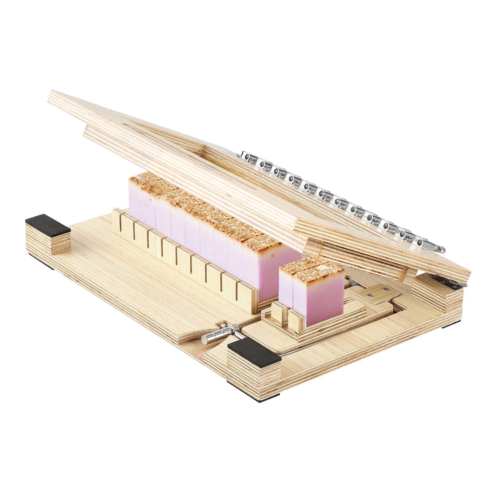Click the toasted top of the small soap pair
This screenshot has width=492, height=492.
click(x=311, y=268)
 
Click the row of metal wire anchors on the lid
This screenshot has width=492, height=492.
click(x=338, y=203)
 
